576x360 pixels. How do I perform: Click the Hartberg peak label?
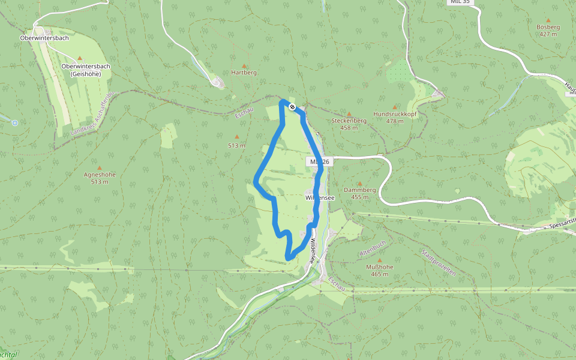[x=244, y=73]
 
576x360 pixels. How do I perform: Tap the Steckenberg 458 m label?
[x=349, y=124]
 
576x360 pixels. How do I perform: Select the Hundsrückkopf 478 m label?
[x=395, y=117]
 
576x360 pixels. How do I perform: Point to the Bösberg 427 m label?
[x=548, y=31]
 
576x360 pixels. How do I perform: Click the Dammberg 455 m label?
[x=360, y=193]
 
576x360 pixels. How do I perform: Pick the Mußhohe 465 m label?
[x=379, y=271]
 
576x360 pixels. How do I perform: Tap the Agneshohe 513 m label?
[x=100, y=178]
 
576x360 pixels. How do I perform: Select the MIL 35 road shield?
[x=460, y=2]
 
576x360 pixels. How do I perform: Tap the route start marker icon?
[x=292, y=107]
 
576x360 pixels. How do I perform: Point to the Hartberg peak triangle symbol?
[x=244, y=65]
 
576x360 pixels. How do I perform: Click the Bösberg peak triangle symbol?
[x=548, y=20]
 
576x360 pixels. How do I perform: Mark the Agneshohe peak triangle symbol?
[x=100, y=167]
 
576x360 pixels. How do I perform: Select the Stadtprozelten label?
[x=439, y=262]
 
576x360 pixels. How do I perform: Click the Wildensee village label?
[x=319, y=197]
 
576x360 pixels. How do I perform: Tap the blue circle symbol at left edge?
[x=15, y=123]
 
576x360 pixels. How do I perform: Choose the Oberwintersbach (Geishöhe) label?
[x=85, y=70]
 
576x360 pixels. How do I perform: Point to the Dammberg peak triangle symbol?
[x=360, y=183]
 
